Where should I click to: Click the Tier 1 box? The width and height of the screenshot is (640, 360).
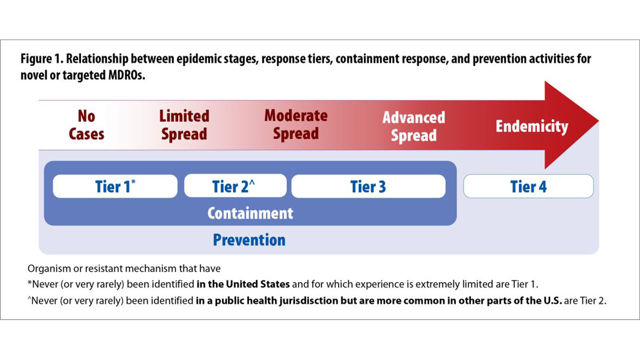click(115, 187)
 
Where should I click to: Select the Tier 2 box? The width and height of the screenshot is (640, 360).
click(235, 187)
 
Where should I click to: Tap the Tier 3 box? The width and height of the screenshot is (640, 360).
click(368, 187)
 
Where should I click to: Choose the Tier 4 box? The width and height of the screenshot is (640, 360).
click(528, 187)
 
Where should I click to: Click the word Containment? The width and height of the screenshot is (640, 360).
click(250, 213)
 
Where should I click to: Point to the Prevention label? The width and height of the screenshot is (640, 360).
click(249, 239)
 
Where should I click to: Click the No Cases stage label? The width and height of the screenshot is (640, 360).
click(86, 125)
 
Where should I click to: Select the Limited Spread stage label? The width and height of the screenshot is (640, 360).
click(184, 125)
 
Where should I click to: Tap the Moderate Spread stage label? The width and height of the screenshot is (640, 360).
click(295, 124)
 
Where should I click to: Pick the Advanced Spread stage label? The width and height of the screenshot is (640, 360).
click(413, 126)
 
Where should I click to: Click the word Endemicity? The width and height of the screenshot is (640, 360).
click(532, 126)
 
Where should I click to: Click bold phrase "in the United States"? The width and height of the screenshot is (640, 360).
click(243, 284)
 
